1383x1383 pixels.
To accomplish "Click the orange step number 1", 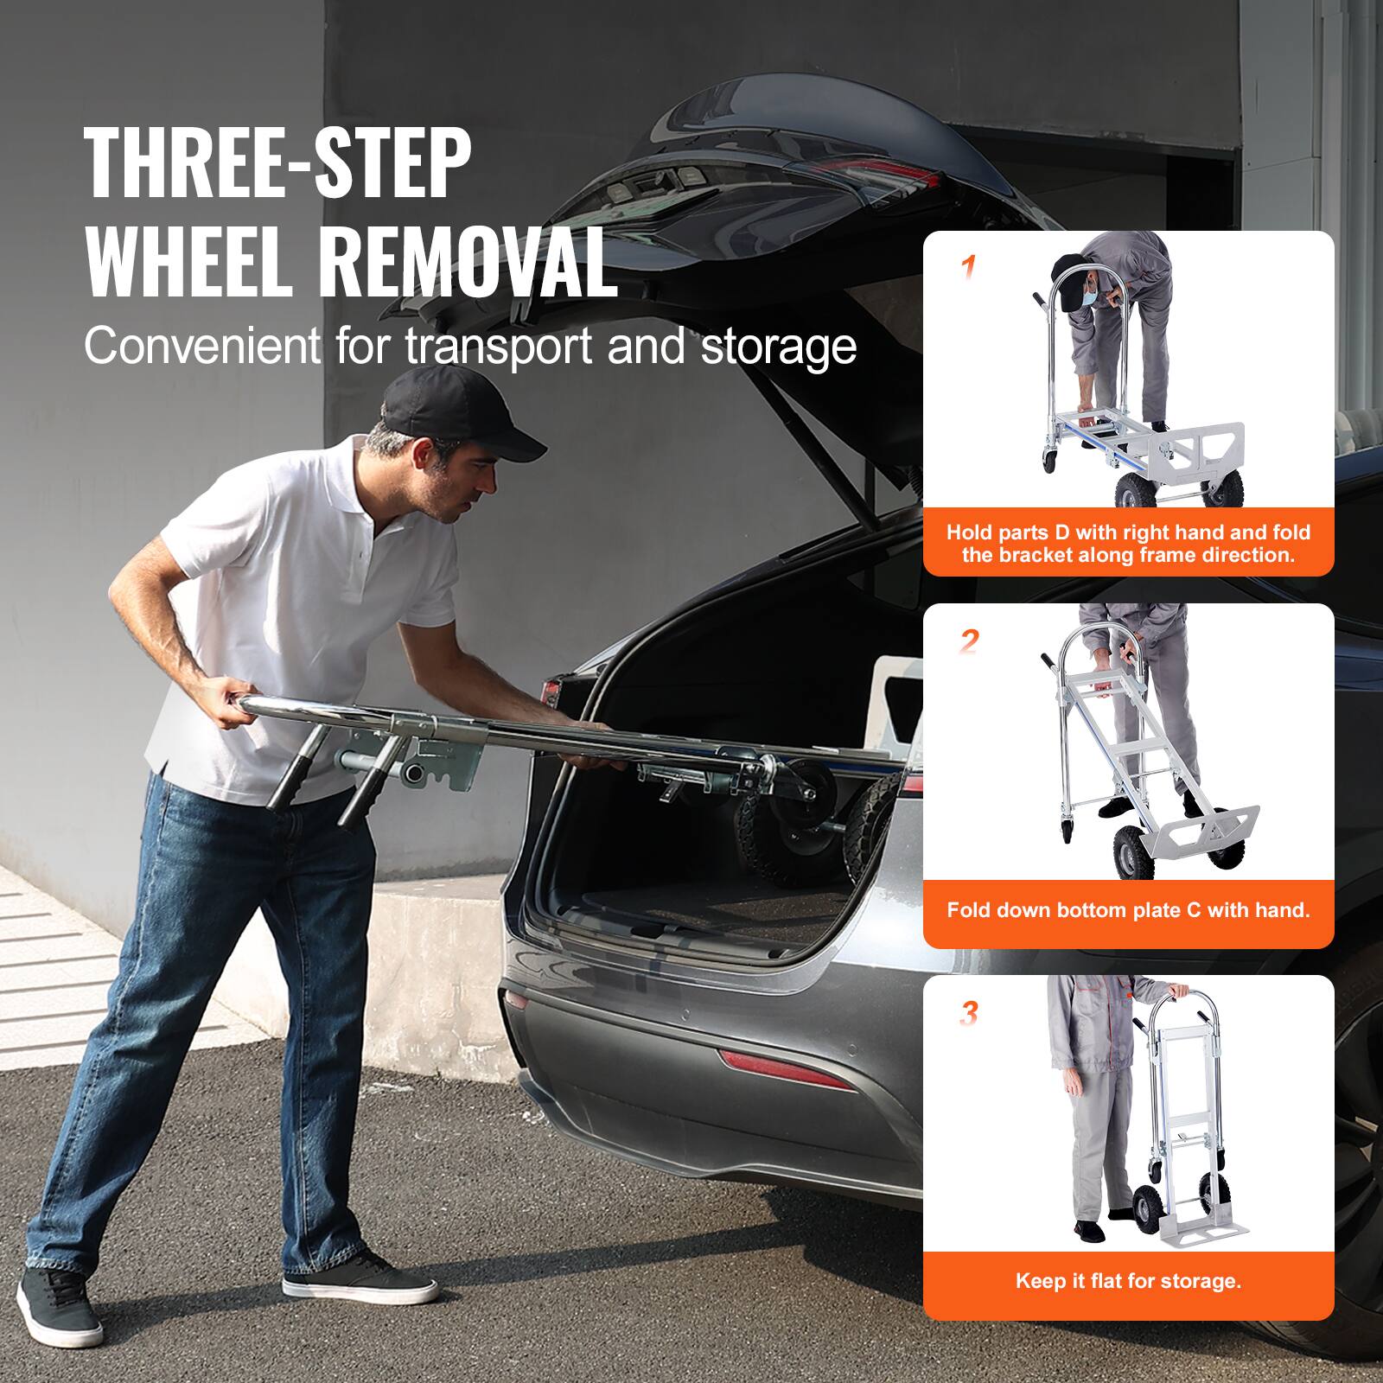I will (x=969, y=267).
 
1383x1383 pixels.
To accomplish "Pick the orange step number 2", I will (x=969, y=641).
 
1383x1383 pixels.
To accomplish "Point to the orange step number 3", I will (x=969, y=1013).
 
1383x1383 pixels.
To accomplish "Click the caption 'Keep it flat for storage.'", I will (x=1128, y=1280).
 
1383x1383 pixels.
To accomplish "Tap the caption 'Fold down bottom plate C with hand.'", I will (x=1128, y=909).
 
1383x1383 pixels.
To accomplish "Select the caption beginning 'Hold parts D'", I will (x=1128, y=544).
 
